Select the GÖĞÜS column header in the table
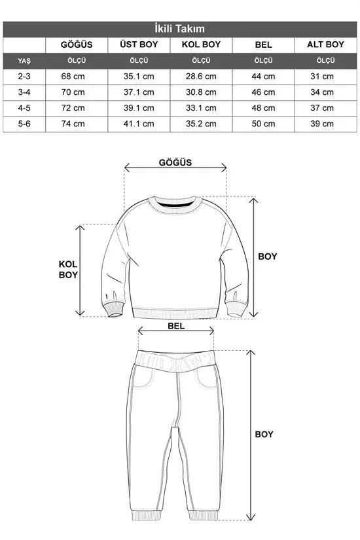pos(76,45)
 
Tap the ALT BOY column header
pos(325,45)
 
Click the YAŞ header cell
pos(25,61)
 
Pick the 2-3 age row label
pos(25,77)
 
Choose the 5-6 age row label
pos(25,124)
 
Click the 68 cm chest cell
pos(76,77)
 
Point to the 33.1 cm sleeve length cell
pos(201,108)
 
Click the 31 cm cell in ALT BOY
pos(325,77)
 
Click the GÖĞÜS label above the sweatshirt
pos(175,163)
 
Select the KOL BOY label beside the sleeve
pos(68,269)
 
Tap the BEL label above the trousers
pos(176,324)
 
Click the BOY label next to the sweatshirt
pos(266,257)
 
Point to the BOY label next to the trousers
pos(264,434)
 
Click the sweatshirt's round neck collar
pos(175,204)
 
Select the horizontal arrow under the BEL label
pos(176,333)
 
